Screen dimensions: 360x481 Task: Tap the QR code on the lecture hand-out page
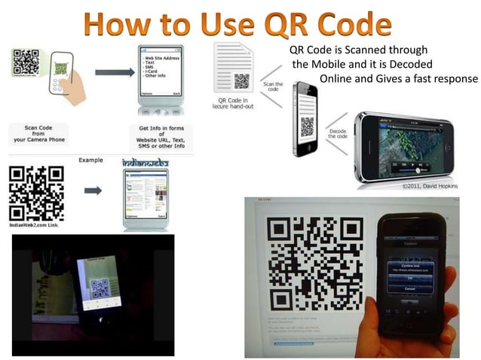[241, 81]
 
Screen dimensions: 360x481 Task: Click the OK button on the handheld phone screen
[409, 278]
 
